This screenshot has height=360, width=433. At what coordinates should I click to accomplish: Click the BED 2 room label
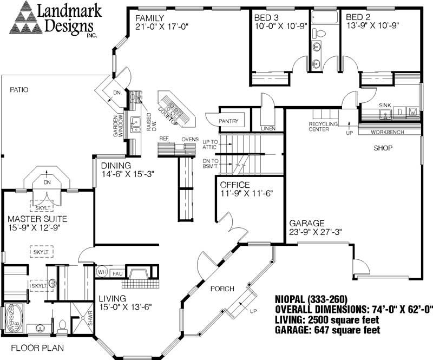click(x=359, y=17)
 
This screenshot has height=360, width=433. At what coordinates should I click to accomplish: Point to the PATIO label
click(x=18, y=89)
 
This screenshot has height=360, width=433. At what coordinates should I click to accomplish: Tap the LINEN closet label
click(x=267, y=129)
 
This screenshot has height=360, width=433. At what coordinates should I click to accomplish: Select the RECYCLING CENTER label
click(x=323, y=127)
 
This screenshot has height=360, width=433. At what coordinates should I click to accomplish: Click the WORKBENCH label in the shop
click(x=388, y=132)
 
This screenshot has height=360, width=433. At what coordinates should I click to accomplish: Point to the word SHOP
click(x=382, y=148)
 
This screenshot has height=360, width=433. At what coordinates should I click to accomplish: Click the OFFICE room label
click(x=235, y=185)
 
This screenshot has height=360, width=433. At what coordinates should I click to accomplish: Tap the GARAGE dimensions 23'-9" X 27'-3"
click(x=314, y=232)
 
